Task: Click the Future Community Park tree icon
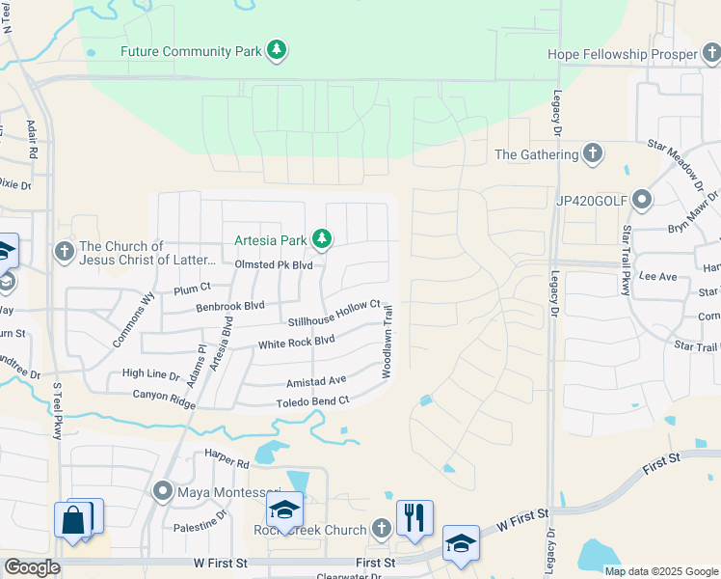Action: [277, 50]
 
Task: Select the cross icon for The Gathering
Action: [593, 153]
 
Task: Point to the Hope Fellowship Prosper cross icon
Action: [711, 55]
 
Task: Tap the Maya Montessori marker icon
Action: [163, 492]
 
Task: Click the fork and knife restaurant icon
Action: [414, 517]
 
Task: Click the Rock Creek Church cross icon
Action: [382, 529]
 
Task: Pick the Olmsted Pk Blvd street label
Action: [274, 265]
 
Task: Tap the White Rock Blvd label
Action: [296, 343]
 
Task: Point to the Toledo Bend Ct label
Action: [312, 401]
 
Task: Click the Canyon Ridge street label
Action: [162, 394]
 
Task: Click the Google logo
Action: [32, 567]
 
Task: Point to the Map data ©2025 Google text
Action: [660, 571]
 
